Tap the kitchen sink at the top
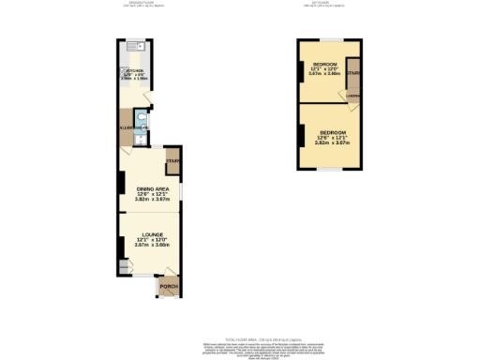pyautogui.click(x=132, y=43)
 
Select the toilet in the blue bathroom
pyautogui.click(x=141, y=119)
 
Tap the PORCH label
pyautogui.click(x=169, y=286)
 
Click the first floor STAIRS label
pyautogui.click(x=353, y=72)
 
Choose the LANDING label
pyautogui.click(x=352, y=94)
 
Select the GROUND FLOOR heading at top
pyautogui.click(x=142, y=4)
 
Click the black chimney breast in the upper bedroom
pyautogui.click(x=301, y=71)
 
